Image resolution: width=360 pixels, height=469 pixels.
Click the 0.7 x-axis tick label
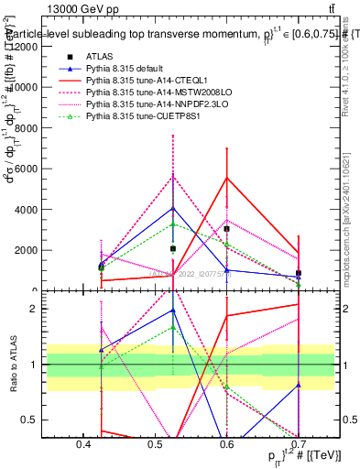[299, 444]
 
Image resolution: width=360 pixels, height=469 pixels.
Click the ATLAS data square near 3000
[226, 229]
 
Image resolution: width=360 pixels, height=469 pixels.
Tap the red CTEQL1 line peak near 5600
[226, 177]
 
